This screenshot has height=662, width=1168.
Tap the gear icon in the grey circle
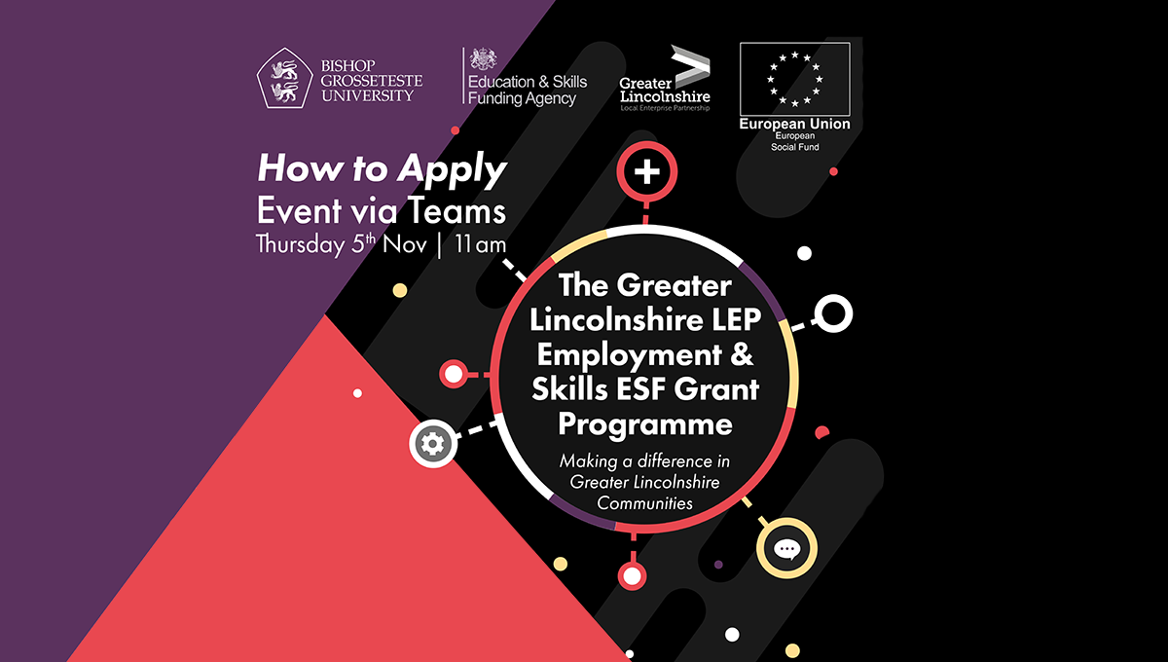pyautogui.click(x=429, y=444)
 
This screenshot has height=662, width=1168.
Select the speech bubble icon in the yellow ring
pyautogui.click(x=786, y=548)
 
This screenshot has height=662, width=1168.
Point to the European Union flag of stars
pyautogui.click(x=794, y=78)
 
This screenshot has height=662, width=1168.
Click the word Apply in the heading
pyautogui.click(x=452, y=171)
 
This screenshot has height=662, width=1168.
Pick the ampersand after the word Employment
pyautogui.click(x=742, y=356)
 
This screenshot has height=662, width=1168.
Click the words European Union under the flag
pyautogui.click(x=794, y=125)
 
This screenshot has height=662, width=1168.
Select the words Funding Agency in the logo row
pyautogui.click(x=522, y=98)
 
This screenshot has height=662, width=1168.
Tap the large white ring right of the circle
pyautogui.click(x=833, y=313)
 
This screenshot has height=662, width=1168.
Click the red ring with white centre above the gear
pyautogui.click(x=454, y=373)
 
